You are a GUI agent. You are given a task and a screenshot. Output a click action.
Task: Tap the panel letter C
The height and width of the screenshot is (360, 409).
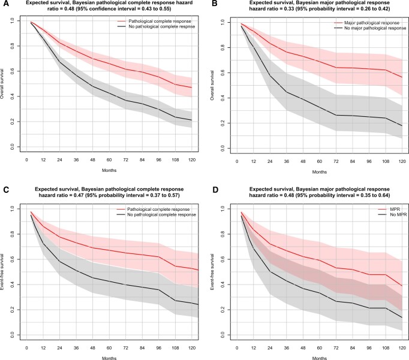click(5, 189)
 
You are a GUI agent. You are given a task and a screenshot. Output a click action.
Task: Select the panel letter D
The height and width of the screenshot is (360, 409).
click(215, 189)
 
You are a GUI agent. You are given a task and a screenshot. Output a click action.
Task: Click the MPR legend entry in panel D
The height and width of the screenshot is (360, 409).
click(395, 209)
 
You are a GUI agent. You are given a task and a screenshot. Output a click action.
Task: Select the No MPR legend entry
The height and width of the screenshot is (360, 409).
click(398, 214)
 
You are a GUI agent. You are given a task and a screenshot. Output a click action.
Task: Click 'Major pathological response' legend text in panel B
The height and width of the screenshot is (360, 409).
click(372, 23)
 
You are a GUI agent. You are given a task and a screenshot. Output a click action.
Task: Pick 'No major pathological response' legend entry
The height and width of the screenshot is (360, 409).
click(375, 28)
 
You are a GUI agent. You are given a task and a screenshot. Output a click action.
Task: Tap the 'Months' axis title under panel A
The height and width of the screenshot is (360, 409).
click(109, 170)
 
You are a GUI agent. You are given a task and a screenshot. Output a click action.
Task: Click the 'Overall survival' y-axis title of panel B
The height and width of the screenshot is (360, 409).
click(212, 86)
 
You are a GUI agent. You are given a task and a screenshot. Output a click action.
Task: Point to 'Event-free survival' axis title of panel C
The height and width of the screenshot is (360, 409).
click(2, 272)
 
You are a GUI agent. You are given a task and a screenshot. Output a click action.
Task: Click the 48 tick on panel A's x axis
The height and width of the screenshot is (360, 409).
click(92, 160)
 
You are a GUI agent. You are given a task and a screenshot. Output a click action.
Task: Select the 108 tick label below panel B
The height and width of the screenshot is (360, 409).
click(386, 161)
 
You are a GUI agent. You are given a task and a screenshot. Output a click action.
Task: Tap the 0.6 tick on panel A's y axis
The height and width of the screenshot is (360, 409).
click(12, 71)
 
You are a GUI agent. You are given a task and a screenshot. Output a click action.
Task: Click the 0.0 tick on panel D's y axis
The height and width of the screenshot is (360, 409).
click(222, 335)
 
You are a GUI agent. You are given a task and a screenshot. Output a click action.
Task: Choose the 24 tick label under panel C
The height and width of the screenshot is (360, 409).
click(60, 348)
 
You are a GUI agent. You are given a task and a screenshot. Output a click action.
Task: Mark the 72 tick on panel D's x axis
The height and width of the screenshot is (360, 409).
click(336, 348)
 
